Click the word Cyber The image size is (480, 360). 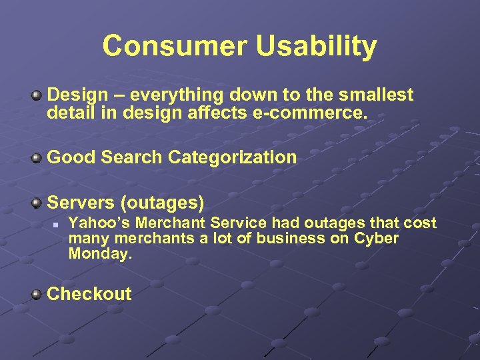tap(377, 239)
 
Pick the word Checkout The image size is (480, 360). tap(89, 294)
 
